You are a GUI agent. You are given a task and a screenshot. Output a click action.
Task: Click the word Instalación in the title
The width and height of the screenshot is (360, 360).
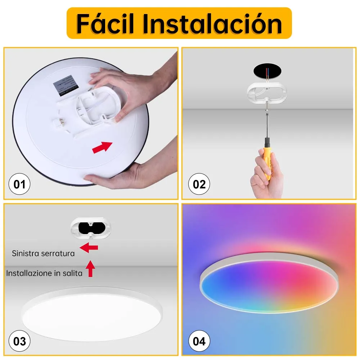pyautogui.click(x=212, y=24)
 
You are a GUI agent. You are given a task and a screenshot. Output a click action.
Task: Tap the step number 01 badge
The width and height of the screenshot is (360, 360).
pyautogui.click(x=19, y=184)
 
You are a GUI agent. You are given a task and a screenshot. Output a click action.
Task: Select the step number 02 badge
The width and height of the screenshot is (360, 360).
pyautogui.click(x=199, y=184)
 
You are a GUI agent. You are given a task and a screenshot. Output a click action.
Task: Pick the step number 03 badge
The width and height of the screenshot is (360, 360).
pyautogui.click(x=19, y=341)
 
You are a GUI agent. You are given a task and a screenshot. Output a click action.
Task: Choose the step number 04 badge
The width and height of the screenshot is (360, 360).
pyautogui.click(x=199, y=341)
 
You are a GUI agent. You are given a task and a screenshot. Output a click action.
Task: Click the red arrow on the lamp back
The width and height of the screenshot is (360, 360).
pyautogui.click(x=102, y=147)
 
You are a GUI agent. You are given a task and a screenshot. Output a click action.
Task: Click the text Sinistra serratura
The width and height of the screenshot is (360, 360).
pyautogui.click(x=43, y=253)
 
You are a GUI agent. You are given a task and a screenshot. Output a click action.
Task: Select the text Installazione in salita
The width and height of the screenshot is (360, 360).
pyautogui.click(x=44, y=273)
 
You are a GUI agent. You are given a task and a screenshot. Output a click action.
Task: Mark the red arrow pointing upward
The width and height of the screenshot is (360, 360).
pyautogui.click(x=90, y=269)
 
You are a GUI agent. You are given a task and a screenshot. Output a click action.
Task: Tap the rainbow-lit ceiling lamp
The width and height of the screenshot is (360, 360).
pyautogui.click(x=269, y=283)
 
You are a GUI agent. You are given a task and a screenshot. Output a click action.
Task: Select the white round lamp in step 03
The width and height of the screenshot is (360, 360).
pyautogui.click(x=93, y=309)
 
